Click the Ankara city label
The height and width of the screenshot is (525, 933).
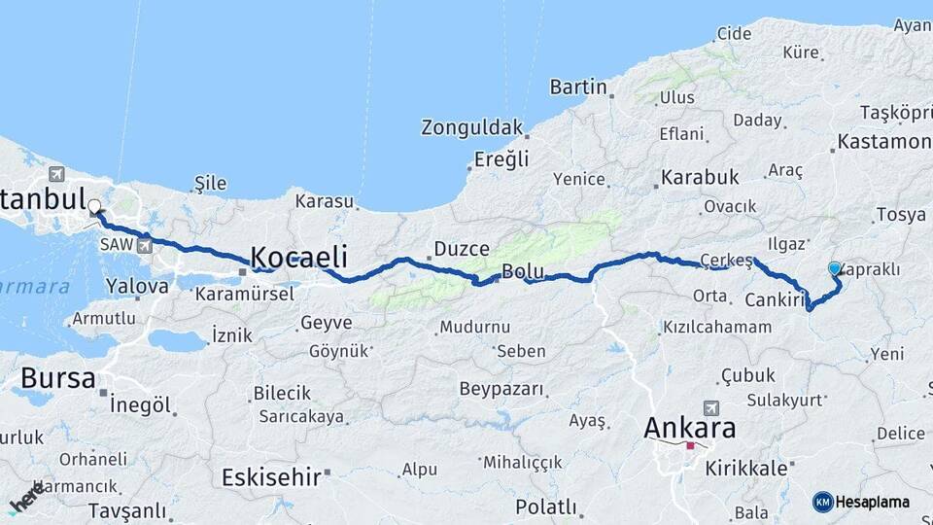coord(690,428)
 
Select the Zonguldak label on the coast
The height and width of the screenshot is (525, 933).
coord(471,127)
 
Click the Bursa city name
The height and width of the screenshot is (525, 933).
coord(58,377)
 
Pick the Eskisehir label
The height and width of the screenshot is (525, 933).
coord(271,477)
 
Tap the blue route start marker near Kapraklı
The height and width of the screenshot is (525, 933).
coord(834,268)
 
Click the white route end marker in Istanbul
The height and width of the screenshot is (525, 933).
coord(95,206)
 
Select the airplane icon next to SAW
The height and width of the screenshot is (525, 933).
coord(146,245)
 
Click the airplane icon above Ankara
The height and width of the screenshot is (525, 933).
coord(712,407)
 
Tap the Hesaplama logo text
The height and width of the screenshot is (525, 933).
coord(873,502)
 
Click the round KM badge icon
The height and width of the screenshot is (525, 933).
coord(823,502)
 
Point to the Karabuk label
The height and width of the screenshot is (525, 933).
coord(700,178)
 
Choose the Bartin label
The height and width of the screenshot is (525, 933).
coord(578,87)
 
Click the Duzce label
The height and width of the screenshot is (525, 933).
coord(461,249)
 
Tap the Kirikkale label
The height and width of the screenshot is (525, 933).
coord(746,468)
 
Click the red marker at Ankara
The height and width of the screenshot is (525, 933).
coord(690,446)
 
